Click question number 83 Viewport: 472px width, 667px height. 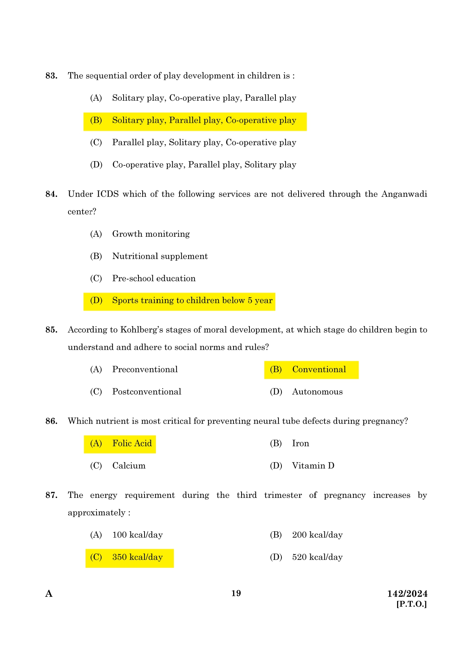coord(51,76)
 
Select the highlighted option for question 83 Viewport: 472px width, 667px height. coord(195,120)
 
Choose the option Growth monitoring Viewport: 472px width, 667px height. coord(151,234)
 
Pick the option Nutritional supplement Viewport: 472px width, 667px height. coord(160,256)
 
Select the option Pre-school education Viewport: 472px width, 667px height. coord(154,279)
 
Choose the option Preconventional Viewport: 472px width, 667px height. coord(145,369)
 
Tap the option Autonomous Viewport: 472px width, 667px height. coord(317,392)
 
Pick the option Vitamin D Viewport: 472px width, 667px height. coord(313,466)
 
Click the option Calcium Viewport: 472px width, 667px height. coord(129,466)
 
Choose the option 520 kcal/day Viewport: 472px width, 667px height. coord(317,557)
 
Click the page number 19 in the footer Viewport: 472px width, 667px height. coord(236,593)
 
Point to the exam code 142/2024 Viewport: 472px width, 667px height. coord(407,594)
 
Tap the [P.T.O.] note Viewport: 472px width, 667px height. coord(411,604)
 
